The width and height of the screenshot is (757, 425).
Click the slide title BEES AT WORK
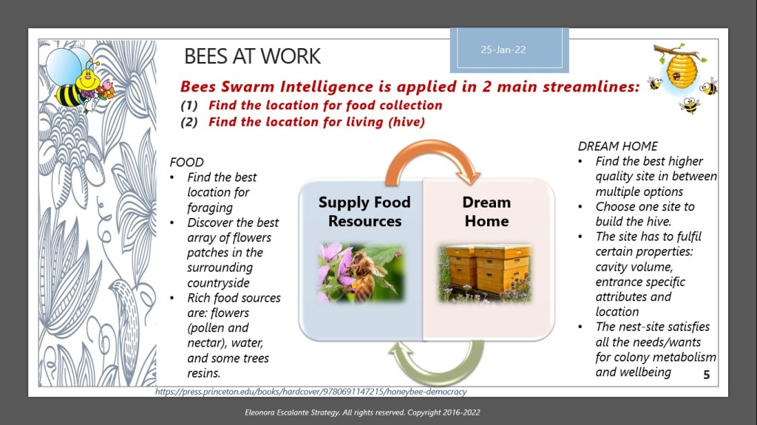(x=252, y=56)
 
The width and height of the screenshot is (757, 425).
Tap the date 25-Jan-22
(x=503, y=50)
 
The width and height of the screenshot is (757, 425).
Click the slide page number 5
(x=706, y=375)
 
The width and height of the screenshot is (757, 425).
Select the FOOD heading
(x=186, y=163)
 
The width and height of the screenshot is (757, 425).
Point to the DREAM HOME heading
(x=617, y=146)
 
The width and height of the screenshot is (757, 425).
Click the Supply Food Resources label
(x=364, y=211)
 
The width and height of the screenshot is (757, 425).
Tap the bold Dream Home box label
(x=486, y=211)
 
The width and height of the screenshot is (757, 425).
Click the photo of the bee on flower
(x=361, y=273)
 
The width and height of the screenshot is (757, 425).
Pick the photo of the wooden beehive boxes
(x=485, y=273)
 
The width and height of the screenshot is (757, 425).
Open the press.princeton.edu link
(x=311, y=392)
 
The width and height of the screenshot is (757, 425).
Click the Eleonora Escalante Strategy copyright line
(x=362, y=412)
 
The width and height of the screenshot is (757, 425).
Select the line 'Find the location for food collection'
(x=325, y=105)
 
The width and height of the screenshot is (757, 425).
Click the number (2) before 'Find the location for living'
(x=189, y=122)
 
